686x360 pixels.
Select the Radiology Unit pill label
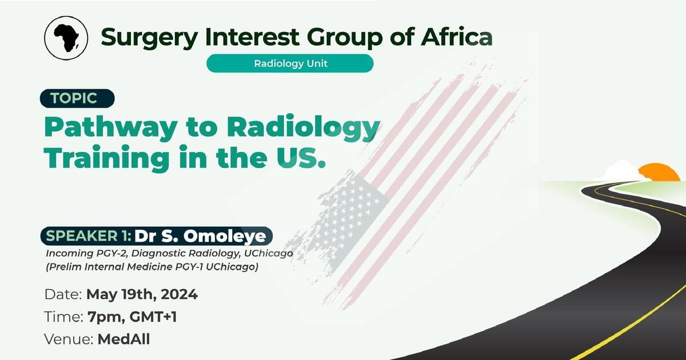coord(290,63)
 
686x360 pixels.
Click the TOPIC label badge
coord(77,98)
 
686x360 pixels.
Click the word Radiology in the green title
coord(303,127)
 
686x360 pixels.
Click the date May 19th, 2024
coord(142,295)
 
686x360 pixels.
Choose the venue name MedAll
coord(123,339)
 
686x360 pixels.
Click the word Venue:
coord(69,339)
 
